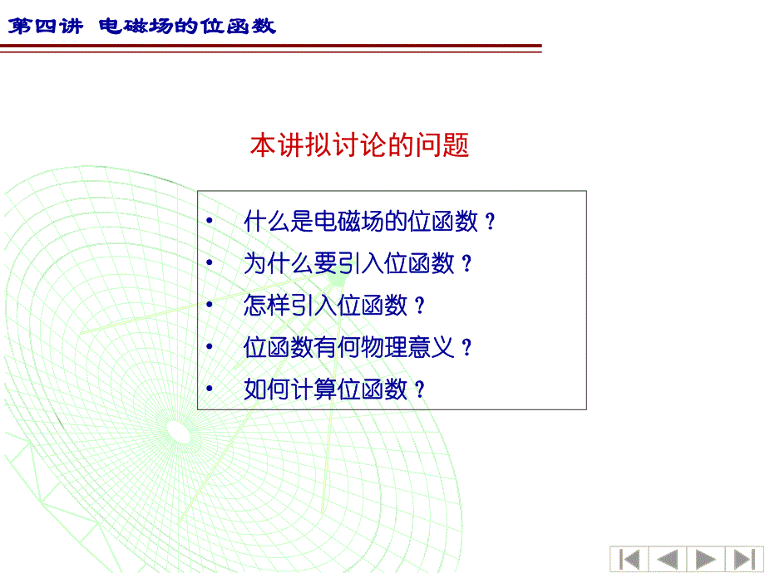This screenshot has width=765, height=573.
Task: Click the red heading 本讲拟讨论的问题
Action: (x=359, y=144)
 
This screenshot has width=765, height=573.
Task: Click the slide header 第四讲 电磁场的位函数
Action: (x=142, y=26)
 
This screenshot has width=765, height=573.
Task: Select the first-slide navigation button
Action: (x=629, y=559)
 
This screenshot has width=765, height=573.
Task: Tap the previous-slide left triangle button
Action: (x=668, y=559)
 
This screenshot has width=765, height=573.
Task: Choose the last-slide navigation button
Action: (x=744, y=559)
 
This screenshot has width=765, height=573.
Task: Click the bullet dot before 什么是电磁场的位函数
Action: (x=210, y=221)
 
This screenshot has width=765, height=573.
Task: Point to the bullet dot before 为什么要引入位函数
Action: (x=210, y=262)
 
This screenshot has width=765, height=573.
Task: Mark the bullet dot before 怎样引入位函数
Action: (x=210, y=305)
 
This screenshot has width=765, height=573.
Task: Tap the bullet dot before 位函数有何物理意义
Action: (x=210, y=346)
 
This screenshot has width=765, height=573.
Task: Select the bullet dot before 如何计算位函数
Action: (x=210, y=389)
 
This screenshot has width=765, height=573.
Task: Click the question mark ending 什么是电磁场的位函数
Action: (x=491, y=222)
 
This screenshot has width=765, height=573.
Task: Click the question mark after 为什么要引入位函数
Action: (x=467, y=263)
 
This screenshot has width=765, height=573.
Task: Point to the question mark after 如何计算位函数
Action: (x=420, y=389)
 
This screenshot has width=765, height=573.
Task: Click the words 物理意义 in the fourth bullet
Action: (x=408, y=347)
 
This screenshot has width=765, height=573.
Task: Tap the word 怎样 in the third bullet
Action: (x=267, y=306)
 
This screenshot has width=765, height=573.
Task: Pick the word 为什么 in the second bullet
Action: (x=279, y=263)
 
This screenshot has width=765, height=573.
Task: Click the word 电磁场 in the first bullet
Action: (x=349, y=222)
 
